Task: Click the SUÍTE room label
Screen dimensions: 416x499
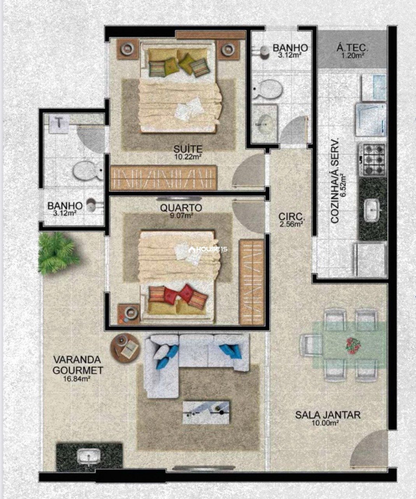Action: coord(188,149)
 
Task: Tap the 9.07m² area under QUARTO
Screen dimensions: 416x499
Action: coord(181,216)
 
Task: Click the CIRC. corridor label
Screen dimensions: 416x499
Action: coord(292,217)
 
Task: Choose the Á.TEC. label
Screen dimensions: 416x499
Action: coord(353,48)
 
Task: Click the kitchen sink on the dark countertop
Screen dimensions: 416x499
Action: coord(372,210)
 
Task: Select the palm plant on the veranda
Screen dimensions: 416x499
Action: coord(58,253)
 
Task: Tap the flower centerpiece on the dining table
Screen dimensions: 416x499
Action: coord(353,345)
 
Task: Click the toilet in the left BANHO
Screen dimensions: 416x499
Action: coord(88,171)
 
